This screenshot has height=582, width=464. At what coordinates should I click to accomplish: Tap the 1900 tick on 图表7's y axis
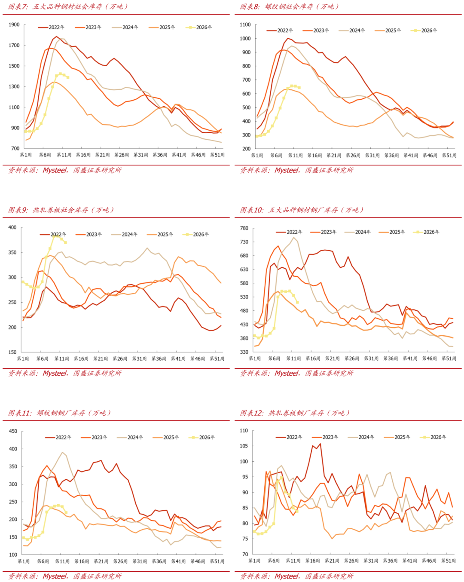tap(14, 25)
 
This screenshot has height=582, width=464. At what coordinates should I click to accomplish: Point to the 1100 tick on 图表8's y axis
tap(245, 25)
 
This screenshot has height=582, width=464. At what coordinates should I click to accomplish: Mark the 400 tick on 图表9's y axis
tap(12, 227)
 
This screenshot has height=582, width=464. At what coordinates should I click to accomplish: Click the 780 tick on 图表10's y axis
tap(244, 228)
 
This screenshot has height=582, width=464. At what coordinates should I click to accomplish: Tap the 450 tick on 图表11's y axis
tap(13, 431)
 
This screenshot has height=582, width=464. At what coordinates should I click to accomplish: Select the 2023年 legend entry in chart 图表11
tap(99, 438)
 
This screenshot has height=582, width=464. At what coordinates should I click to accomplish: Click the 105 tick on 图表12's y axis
tap(244, 446)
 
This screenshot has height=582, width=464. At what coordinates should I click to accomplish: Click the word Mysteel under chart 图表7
tap(55, 170)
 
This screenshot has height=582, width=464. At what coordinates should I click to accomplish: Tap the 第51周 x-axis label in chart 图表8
tap(449, 156)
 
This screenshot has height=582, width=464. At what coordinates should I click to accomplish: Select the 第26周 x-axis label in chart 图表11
tap(120, 561)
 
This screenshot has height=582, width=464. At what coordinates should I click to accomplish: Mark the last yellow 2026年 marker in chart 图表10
tap(297, 303)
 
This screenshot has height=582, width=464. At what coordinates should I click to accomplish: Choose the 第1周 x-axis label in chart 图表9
tap(23, 358)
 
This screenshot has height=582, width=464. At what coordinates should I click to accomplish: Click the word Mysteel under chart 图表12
tap(287, 576)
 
